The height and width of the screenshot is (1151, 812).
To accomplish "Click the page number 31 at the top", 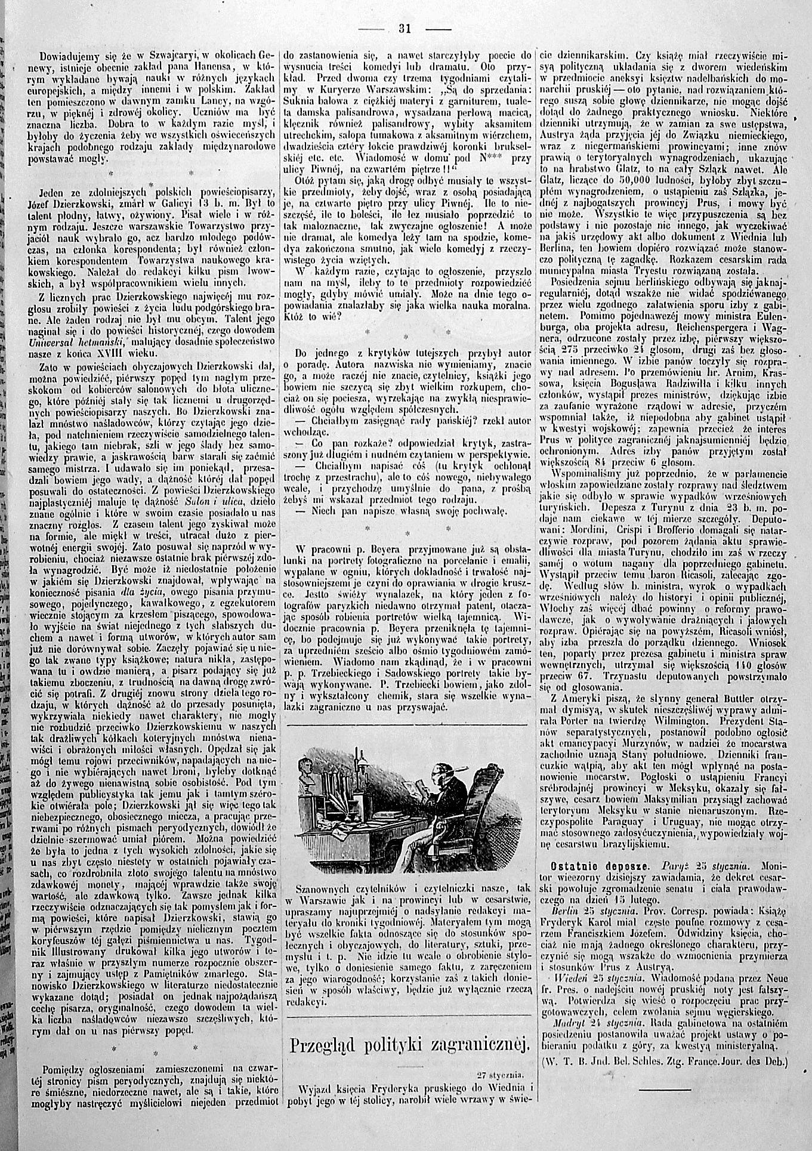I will (x=406, y=27).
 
